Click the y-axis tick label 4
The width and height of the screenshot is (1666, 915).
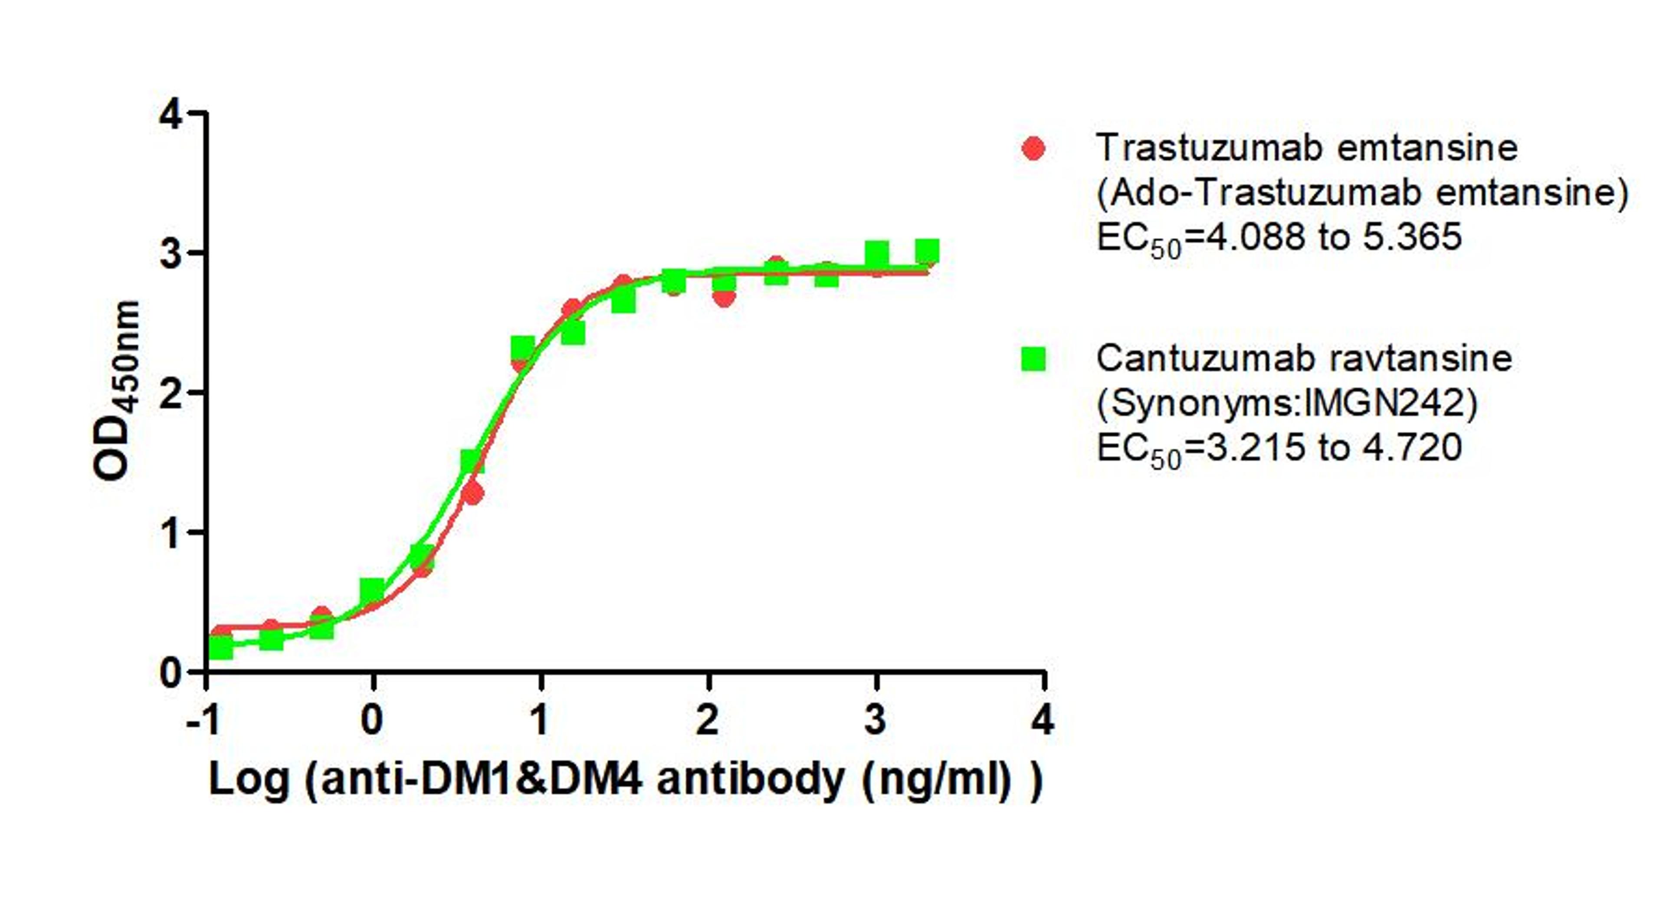tap(171, 116)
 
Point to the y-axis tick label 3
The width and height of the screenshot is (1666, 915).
tap(171, 254)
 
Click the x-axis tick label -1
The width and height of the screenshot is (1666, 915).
tap(203, 720)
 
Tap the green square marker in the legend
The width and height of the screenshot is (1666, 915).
tap(1033, 359)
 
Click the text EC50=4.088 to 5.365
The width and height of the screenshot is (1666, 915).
tap(1279, 238)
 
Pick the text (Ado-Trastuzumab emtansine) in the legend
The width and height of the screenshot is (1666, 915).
tap(1362, 193)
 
